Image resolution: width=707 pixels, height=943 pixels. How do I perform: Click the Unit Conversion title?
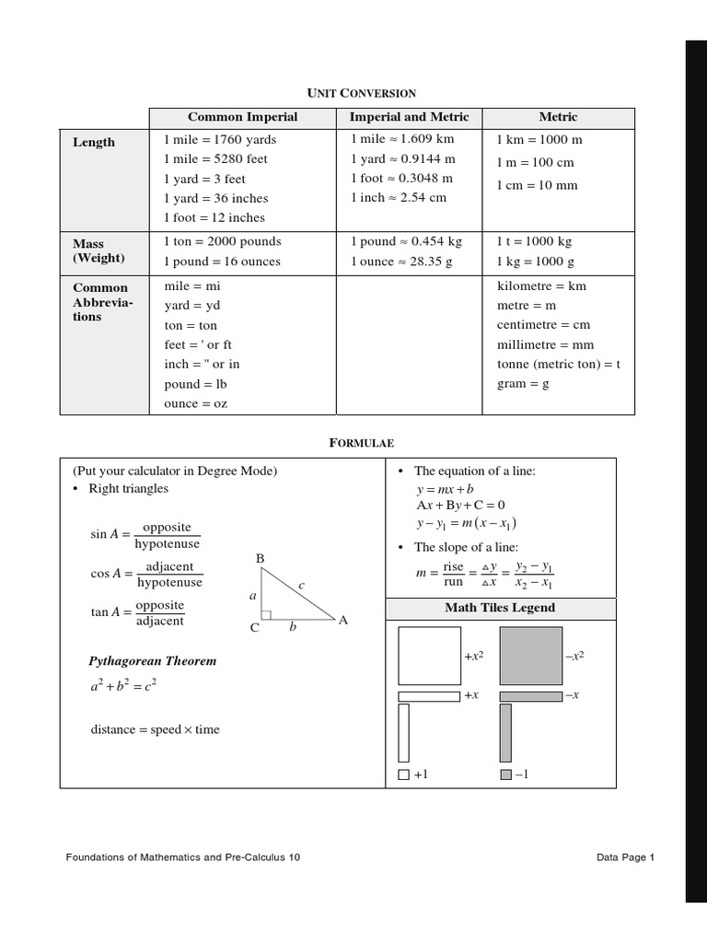pyautogui.click(x=361, y=93)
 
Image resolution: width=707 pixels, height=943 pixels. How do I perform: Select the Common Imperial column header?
pyautogui.click(x=242, y=118)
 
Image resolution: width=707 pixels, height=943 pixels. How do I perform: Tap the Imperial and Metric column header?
pyautogui.click(x=409, y=118)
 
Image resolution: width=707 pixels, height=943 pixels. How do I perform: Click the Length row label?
pyautogui.click(x=94, y=143)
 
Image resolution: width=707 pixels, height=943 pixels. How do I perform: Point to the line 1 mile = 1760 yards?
pyautogui.click(x=220, y=140)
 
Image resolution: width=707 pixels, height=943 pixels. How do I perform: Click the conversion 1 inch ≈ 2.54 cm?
pyautogui.click(x=398, y=198)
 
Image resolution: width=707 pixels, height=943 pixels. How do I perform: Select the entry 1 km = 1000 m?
pyautogui.click(x=539, y=140)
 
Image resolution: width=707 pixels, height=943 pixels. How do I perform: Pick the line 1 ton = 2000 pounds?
pyautogui.click(x=222, y=242)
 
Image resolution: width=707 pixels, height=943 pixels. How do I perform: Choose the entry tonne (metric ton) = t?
pyautogui.click(x=559, y=364)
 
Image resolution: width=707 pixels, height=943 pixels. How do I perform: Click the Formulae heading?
pyautogui.click(x=361, y=443)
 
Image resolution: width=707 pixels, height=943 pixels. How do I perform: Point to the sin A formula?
pyautogui.click(x=145, y=535)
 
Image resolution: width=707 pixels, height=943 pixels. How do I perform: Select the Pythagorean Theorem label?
pyautogui.click(x=152, y=661)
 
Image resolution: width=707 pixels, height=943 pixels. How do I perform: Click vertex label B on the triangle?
pyautogui.click(x=260, y=559)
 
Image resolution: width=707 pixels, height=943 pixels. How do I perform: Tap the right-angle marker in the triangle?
pyautogui.click(x=266, y=614)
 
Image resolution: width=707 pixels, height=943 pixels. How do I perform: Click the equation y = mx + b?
pyautogui.click(x=445, y=490)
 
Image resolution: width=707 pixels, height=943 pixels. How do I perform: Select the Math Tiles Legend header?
pyautogui.click(x=500, y=608)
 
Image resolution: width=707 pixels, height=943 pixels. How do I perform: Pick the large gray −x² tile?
pyautogui.click(x=530, y=656)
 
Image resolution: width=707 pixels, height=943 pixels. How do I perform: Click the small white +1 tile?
pyautogui.click(x=403, y=775)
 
